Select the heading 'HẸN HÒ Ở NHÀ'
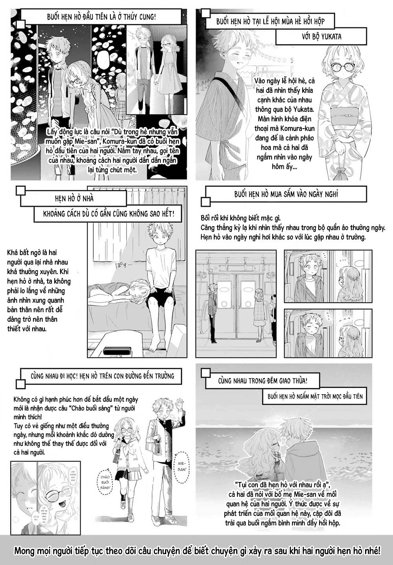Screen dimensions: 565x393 [74, 198]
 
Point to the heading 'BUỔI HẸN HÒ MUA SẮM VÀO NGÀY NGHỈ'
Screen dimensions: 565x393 [286, 194]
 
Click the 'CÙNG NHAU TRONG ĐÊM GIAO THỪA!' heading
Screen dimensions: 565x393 [263, 381]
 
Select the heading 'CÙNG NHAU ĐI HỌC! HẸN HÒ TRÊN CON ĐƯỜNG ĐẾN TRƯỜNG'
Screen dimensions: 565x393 [102, 376]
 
